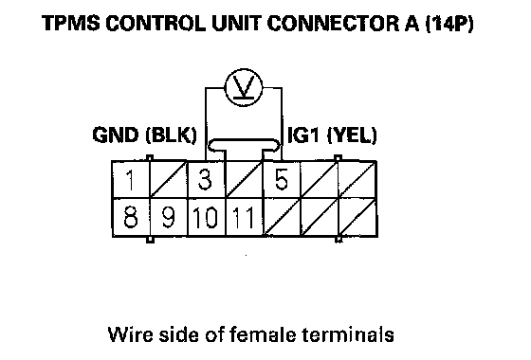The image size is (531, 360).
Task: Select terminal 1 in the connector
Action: click(131, 180)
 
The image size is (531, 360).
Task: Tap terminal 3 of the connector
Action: click(206, 180)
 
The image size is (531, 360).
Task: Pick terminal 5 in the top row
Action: click(282, 180)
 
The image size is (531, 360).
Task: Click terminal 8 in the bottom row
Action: click(131, 217)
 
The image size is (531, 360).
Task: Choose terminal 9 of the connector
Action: click(169, 217)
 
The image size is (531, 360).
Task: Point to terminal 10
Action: click(206, 217)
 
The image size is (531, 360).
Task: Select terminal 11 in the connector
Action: click(244, 217)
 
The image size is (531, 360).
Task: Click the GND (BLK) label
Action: click(144, 135)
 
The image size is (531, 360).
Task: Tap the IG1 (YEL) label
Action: click(332, 135)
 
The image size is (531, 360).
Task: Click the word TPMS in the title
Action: click(71, 23)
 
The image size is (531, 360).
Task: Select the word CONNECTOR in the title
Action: click(333, 23)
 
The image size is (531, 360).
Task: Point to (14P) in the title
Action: click(449, 23)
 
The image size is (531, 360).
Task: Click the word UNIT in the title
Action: click(237, 23)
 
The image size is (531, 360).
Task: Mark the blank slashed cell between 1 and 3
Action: click(169, 180)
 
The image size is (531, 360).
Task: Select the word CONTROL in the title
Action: click(156, 23)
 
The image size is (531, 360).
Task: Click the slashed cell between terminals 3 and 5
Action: click(244, 180)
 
